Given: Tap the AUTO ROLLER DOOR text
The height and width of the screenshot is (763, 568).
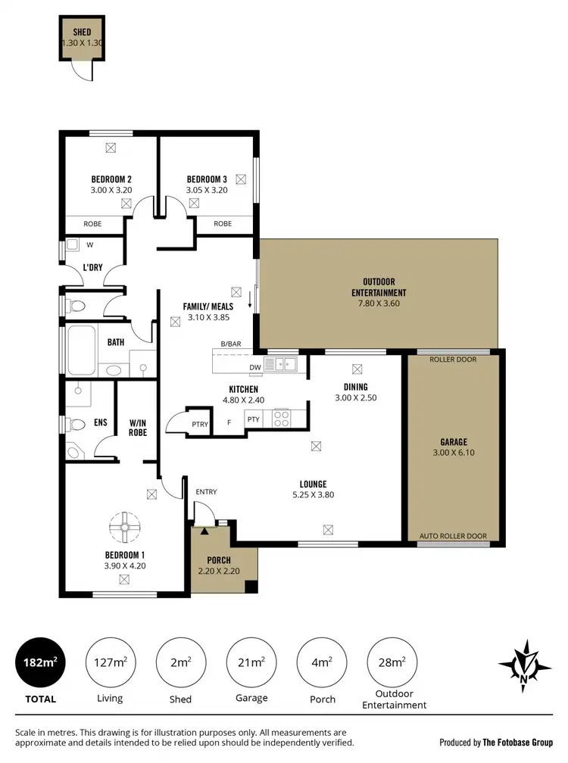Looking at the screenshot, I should (453, 535).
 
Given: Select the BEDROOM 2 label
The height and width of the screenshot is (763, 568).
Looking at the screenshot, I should (111, 179).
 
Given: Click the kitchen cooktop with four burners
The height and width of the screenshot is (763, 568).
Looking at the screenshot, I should (282, 417).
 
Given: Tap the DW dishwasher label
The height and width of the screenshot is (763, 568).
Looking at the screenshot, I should (254, 369).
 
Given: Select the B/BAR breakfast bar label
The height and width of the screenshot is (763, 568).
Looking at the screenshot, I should (231, 344).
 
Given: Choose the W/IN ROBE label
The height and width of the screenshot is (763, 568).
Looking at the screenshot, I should (138, 428).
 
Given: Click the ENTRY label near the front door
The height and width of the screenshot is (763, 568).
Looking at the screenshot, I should (206, 492).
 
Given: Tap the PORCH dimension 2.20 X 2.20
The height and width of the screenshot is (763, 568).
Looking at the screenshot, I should (218, 571).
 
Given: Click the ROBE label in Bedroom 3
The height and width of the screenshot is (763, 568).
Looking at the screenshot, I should (223, 223).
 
